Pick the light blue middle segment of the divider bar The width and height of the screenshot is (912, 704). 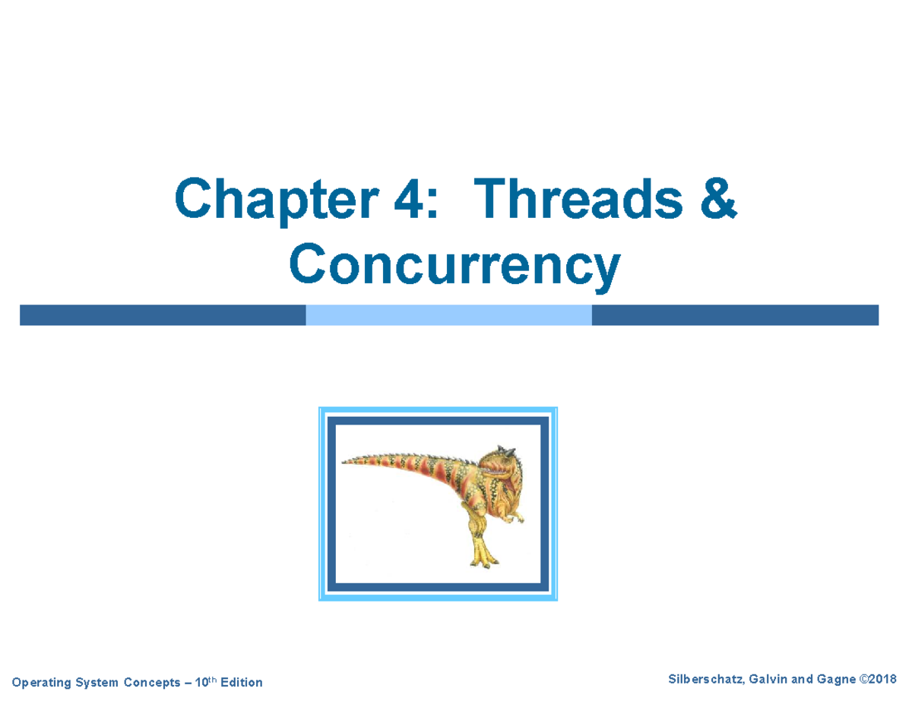click(x=448, y=315)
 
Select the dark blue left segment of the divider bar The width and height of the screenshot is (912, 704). click(x=163, y=315)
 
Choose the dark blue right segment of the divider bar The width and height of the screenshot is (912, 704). click(x=734, y=315)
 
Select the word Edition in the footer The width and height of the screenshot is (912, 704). click(x=239, y=683)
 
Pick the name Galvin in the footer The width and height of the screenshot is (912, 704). click(x=766, y=678)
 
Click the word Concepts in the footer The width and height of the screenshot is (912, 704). click(x=150, y=683)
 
